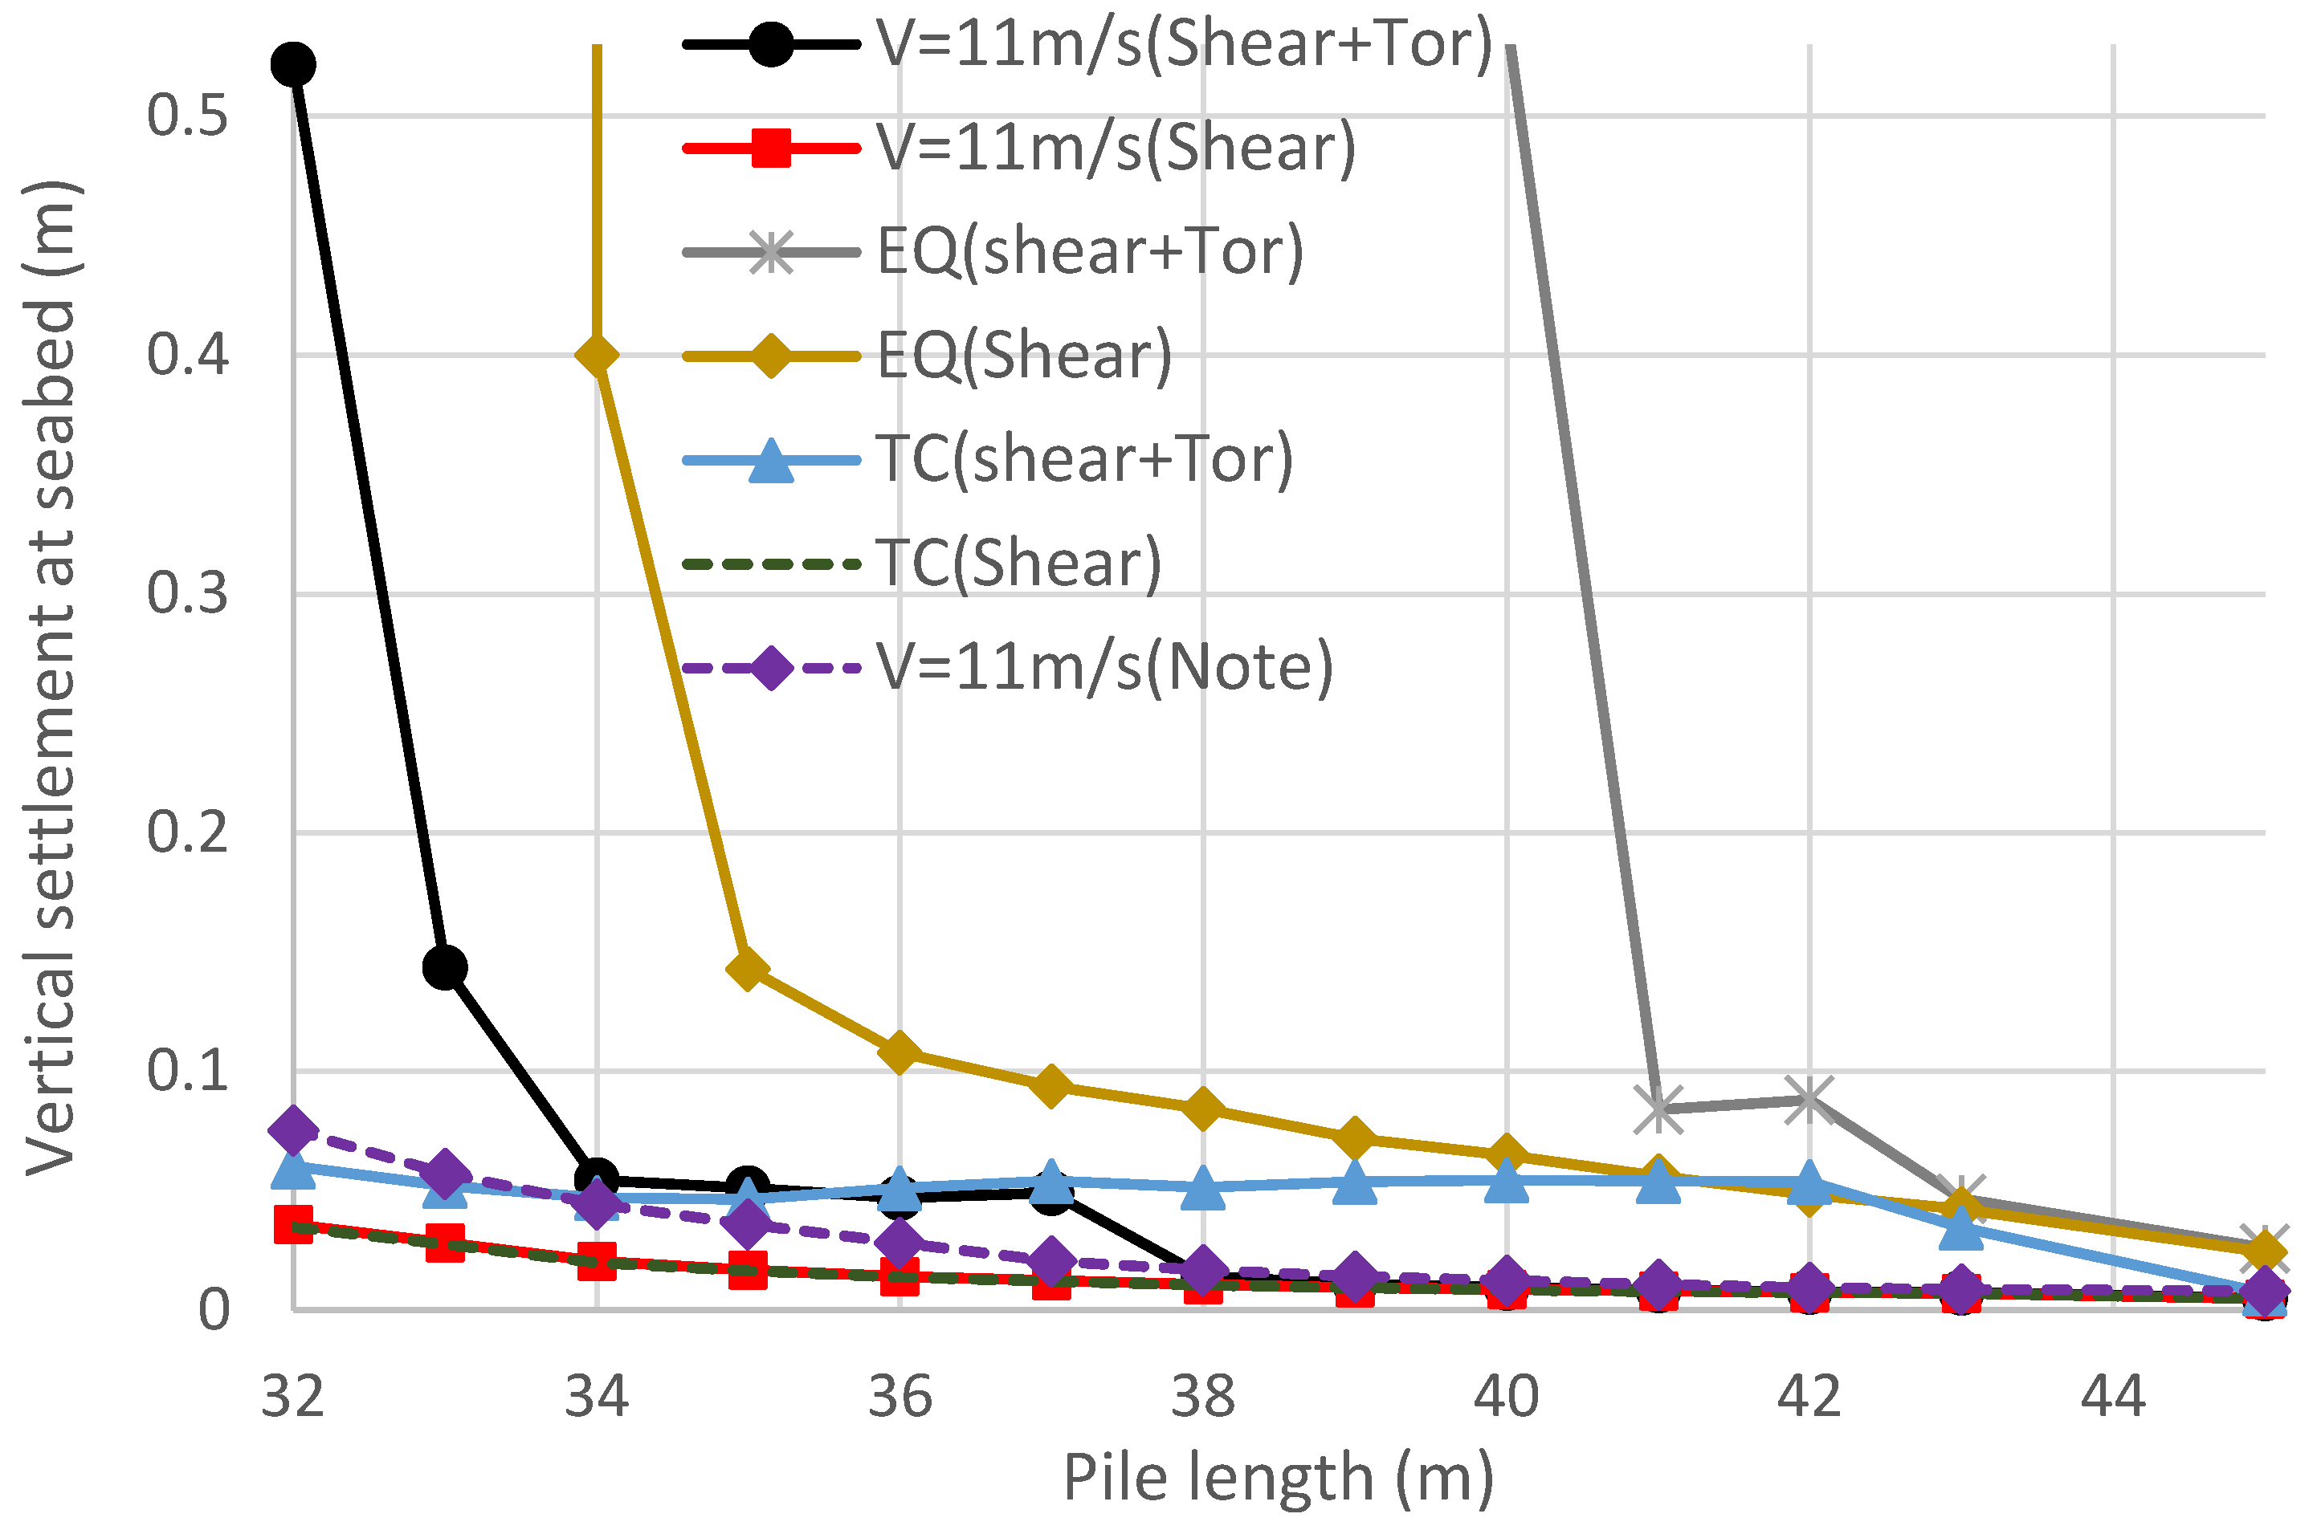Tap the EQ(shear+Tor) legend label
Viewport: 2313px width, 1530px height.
click(1089, 252)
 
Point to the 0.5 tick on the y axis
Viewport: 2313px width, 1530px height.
click(187, 115)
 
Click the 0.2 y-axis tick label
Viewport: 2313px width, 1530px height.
click(187, 832)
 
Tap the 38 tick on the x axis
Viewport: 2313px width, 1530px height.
click(1202, 1398)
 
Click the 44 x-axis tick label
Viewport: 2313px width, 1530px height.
click(2112, 1398)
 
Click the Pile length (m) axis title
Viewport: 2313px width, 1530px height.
click(1278, 1479)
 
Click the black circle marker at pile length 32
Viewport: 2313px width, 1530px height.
click(293, 65)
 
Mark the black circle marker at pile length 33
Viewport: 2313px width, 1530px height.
click(445, 967)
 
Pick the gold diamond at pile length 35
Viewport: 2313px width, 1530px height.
click(748, 969)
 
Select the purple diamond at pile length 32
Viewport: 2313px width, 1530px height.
click(293, 1131)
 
